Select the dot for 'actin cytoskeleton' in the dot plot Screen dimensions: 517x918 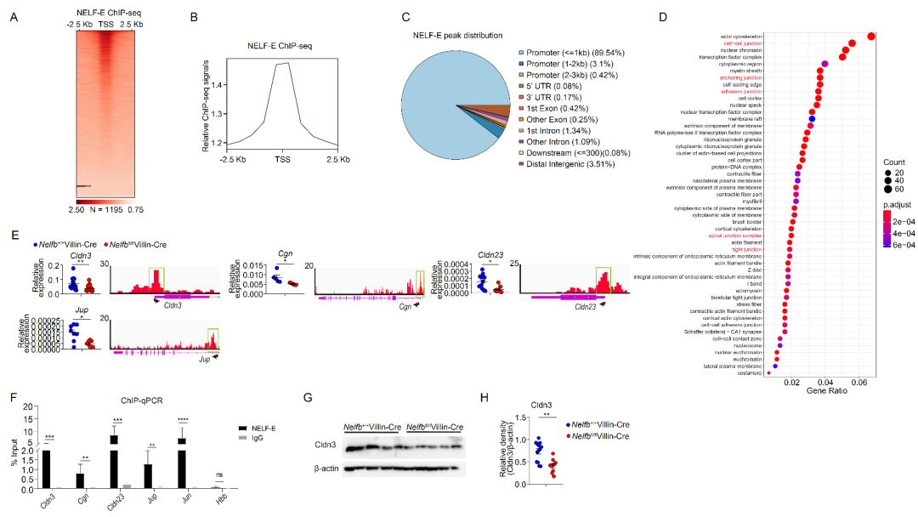[871, 36]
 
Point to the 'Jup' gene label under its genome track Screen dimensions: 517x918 [205, 360]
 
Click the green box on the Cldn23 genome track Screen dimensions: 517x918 [603, 279]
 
